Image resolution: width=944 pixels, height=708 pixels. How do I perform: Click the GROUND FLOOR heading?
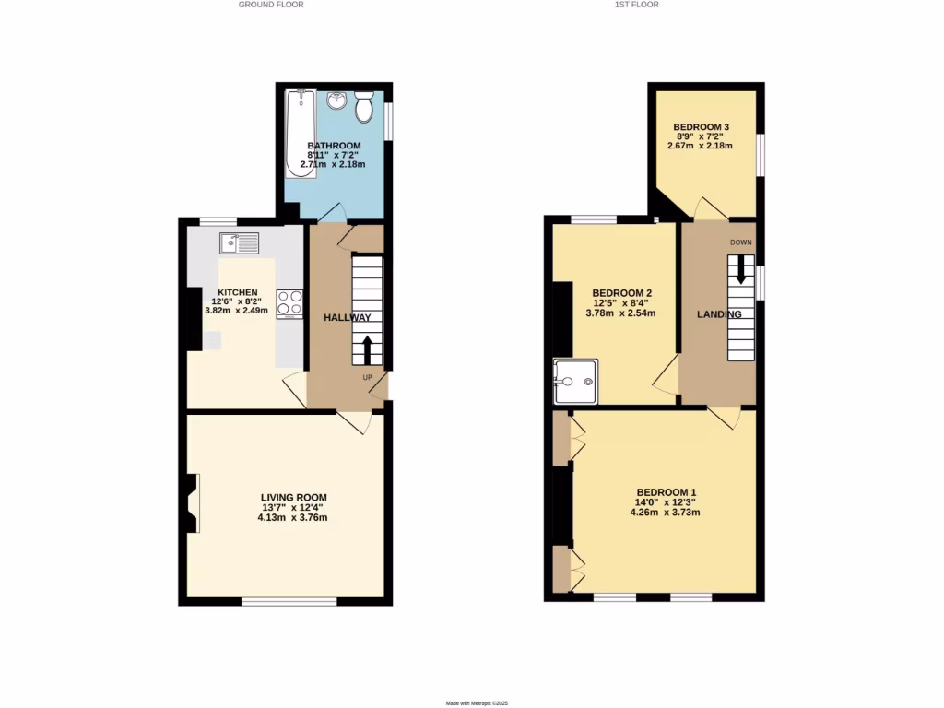point(271,5)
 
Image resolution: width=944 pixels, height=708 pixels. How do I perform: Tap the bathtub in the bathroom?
point(301,133)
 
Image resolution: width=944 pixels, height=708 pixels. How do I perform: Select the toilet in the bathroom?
point(363,107)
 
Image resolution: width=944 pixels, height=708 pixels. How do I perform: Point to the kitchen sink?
point(240,243)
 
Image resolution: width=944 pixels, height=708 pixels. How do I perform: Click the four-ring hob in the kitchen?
point(289,303)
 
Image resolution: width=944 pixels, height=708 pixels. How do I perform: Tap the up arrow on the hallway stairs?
point(368,350)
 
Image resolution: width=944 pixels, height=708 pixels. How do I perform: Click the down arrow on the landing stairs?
point(740,270)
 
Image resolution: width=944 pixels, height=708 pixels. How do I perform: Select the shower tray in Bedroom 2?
point(576,382)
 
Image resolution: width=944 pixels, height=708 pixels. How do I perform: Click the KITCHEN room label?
point(237,292)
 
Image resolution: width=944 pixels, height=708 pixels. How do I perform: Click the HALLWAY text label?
point(347,318)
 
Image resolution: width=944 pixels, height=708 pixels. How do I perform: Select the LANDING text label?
point(719,314)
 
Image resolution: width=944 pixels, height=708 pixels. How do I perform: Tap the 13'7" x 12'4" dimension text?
point(292,507)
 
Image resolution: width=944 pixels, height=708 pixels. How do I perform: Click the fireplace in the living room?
point(191,503)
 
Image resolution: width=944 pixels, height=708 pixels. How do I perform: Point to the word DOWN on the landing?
point(741,243)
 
